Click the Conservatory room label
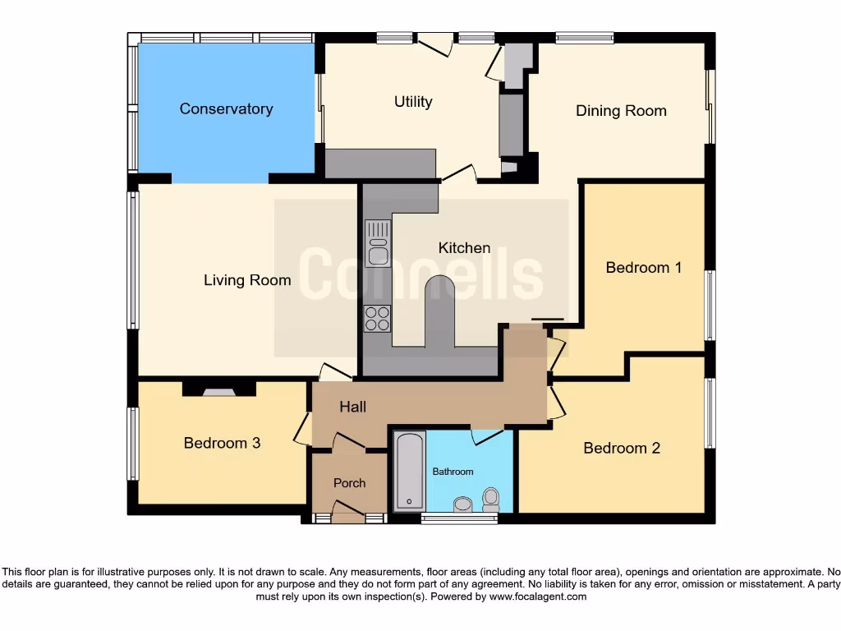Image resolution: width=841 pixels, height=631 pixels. pyautogui.click(x=226, y=109)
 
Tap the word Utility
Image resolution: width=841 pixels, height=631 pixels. pyautogui.click(x=413, y=102)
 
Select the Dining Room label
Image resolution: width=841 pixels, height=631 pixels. pyautogui.click(x=621, y=111)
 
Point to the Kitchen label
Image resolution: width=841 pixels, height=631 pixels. pyautogui.click(x=464, y=248)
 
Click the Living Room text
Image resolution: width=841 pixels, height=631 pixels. pyautogui.click(x=247, y=281)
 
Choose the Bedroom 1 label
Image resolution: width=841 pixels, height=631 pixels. pyautogui.click(x=644, y=268)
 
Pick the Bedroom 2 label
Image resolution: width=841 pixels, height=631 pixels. pyautogui.click(x=622, y=449)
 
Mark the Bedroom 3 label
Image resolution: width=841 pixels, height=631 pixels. pyautogui.click(x=222, y=444)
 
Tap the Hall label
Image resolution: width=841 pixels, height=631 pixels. pyautogui.click(x=352, y=407)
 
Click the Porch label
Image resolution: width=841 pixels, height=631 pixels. pyautogui.click(x=349, y=483)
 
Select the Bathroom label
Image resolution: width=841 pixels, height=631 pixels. pyautogui.click(x=453, y=472)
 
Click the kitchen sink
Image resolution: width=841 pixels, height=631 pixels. pyautogui.click(x=379, y=244)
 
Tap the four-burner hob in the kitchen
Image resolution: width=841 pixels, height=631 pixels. pyautogui.click(x=378, y=318)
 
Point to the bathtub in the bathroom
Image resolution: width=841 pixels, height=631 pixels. pyautogui.click(x=408, y=472)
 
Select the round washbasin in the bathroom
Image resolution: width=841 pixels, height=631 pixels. pyautogui.click(x=462, y=504)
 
